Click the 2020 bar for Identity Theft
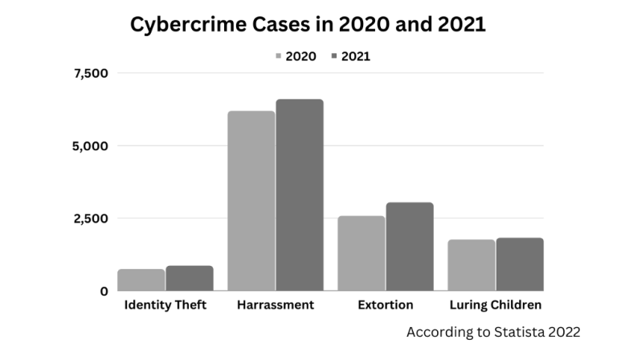141,280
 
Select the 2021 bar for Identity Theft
190,278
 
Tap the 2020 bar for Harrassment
251,201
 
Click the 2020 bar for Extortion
362,253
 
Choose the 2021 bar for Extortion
410,247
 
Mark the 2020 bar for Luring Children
472,265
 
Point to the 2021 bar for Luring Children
520,264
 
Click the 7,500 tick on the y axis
91,74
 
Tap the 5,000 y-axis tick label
91,146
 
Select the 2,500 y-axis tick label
91,219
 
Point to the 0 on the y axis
104,292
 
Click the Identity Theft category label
165,305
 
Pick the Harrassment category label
276,305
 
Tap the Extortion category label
386,305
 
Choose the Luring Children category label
496,305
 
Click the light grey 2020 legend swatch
278,56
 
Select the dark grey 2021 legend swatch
333,56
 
